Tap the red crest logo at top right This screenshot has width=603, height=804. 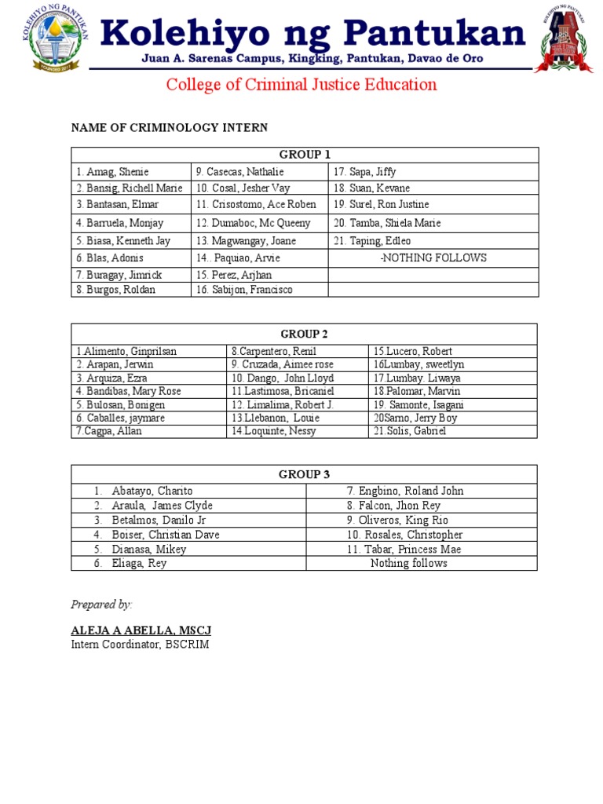coord(564,38)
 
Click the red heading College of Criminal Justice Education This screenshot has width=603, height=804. coord(301,85)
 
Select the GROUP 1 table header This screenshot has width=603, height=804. coord(305,155)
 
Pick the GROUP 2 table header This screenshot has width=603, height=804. coord(305,333)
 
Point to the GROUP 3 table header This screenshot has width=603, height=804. coord(305,474)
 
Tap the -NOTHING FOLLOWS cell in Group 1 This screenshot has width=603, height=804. coord(433,258)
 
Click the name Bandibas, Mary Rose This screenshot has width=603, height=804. coord(129,391)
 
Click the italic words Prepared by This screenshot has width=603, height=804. coord(102,604)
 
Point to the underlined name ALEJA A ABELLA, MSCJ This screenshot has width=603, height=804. coord(141,630)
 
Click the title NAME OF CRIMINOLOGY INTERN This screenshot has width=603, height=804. coord(170,127)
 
